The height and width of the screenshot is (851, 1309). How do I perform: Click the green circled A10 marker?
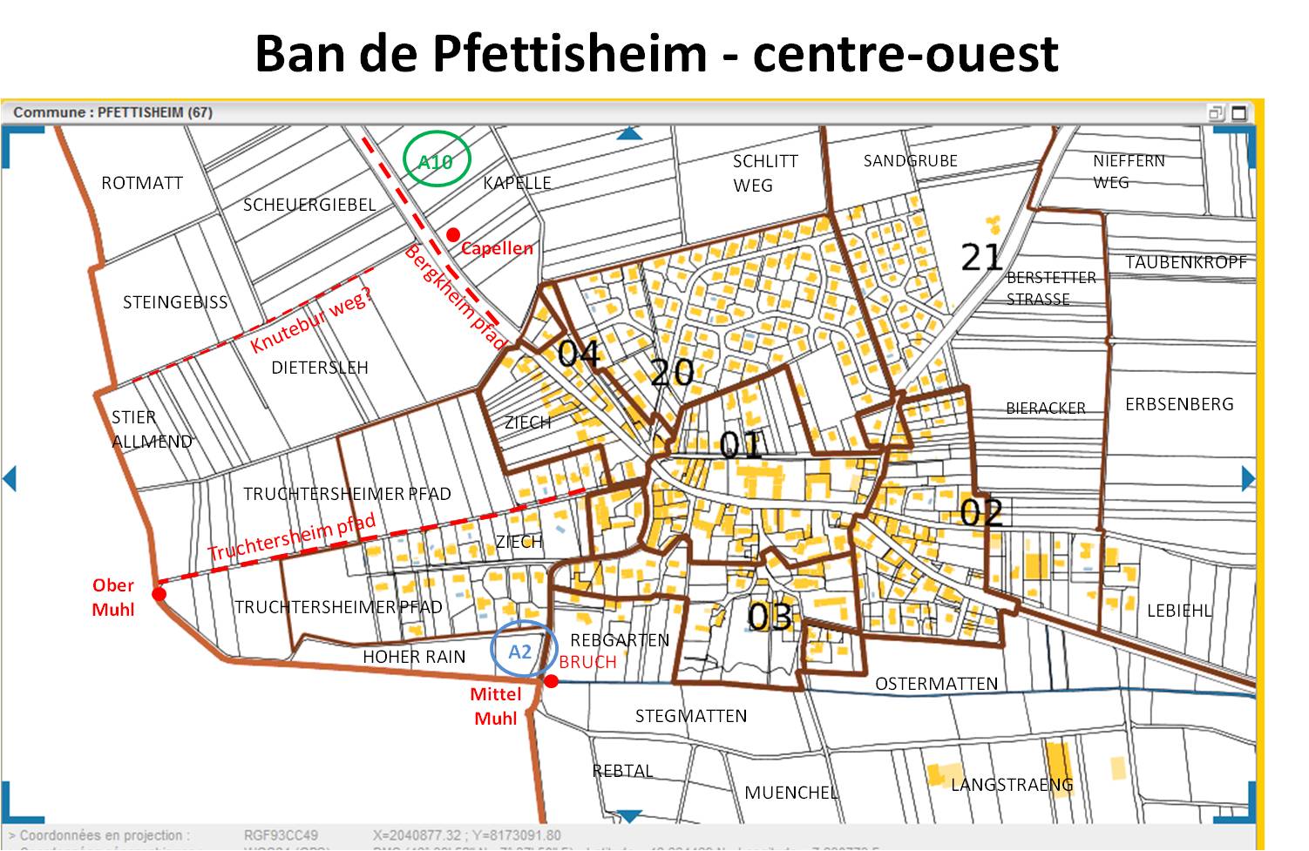tap(436, 160)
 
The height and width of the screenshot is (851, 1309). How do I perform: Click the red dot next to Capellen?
tap(453, 235)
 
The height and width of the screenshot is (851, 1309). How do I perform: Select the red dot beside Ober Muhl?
tap(159, 594)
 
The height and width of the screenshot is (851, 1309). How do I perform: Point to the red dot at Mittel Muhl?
tap(551, 681)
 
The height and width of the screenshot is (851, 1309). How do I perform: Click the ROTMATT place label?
tap(142, 183)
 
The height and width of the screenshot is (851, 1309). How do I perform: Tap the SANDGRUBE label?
tap(910, 161)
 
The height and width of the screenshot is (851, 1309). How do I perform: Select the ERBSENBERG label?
tap(1179, 404)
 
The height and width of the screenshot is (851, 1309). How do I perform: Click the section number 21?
tap(981, 258)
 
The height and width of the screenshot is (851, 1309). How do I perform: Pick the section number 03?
tap(770, 618)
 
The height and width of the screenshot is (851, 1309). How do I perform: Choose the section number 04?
tap(580, 354)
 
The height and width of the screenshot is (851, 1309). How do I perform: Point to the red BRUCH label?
tap(587, 662)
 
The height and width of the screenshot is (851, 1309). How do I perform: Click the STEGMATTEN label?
tap(690, 716)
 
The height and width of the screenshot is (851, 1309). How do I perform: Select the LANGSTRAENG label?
tap(1012, 785)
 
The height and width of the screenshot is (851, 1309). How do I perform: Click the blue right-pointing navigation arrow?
tap(1247, 478)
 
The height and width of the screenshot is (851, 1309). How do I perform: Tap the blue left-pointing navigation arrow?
tap(10, 478)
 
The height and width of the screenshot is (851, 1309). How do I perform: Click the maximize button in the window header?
tap(1238, 112)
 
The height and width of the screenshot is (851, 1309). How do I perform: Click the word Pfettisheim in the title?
tap(569, 54)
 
